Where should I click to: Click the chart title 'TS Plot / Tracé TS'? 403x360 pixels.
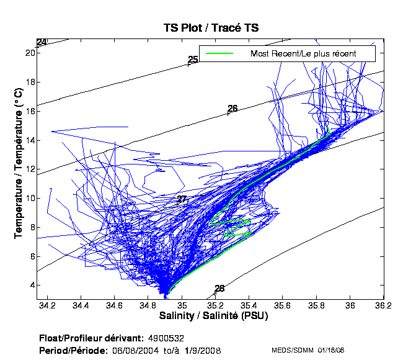click(x=211, y=28)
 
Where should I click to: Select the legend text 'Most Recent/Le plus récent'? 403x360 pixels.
click(x=303, y=54)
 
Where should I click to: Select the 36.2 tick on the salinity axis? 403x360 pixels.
click(x=384, y=305)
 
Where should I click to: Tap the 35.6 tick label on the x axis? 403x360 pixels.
click(x=283, y=305)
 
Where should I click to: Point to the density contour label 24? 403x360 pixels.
click(x=42, y=43)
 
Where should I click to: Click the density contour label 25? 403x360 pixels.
click(x=193, y=60)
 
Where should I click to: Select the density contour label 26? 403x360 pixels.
click(x=232, y=109)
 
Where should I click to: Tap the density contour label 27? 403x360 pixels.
click(x=182, y=199)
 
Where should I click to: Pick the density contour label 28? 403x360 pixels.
click(x=219, y=289)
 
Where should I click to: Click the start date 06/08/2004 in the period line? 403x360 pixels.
click(x=133, y=351)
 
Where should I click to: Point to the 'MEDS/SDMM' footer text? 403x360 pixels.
click(x=292, y=351)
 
